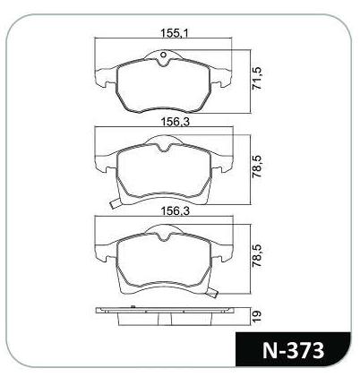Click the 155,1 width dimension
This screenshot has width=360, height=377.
175,32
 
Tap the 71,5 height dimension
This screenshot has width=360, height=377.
257,79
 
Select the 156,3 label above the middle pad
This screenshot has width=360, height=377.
176,122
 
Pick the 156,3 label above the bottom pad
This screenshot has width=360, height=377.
176,211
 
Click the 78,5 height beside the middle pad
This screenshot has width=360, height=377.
257,167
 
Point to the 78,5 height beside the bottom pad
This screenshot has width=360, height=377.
257,255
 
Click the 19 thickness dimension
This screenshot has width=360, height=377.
257,316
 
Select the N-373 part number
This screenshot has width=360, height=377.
293,350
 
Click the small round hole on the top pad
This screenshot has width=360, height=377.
163,55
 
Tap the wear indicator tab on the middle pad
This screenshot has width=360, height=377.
115,203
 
